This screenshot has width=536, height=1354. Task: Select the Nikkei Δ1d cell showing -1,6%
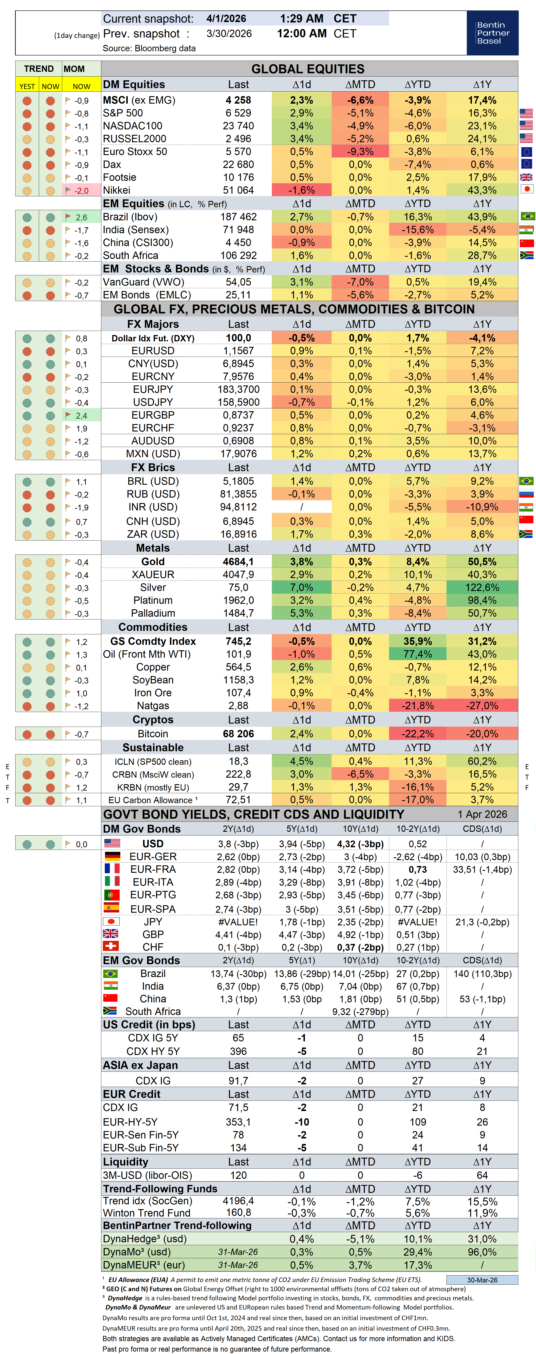[301, 190]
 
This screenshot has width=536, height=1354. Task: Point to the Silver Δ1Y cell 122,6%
[482, 587]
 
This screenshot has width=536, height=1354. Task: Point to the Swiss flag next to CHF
[111, 946]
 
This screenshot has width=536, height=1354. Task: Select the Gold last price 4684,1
[238, 561]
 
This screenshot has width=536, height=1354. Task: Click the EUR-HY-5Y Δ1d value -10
[301, 1122]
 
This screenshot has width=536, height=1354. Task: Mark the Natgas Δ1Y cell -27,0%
[482, 705]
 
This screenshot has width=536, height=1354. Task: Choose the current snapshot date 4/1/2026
[226, 18]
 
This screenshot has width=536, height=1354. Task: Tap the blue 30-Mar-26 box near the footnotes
[482, 1279]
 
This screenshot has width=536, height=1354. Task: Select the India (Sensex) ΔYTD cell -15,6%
[418, 230]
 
